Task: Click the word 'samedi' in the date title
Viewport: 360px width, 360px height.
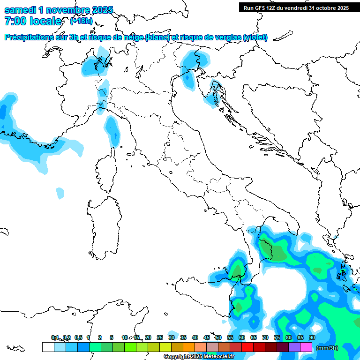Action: point(20,10)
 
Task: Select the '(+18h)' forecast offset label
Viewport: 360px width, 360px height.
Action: point(81,21)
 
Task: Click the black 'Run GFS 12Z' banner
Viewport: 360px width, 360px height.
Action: point(296,7)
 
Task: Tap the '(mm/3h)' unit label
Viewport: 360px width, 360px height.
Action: point(327,348)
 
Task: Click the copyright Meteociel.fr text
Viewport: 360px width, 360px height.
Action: point(199,357)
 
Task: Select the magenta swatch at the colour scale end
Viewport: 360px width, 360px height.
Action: point(306,347)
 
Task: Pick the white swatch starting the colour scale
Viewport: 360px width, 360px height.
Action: point(48,347)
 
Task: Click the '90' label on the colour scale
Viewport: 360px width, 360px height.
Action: point(312,337)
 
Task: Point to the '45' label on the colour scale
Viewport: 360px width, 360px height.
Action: point(207,337)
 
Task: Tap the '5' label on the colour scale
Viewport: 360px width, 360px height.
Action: point(112,337)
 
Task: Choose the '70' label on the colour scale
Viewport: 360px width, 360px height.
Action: point(265,337)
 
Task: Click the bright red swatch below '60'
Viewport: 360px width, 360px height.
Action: point(247,347)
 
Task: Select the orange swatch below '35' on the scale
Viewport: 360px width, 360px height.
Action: point(189,347)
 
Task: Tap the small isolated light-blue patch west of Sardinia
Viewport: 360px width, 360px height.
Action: point(60,193)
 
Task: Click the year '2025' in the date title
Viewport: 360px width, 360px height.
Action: point(99,10)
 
